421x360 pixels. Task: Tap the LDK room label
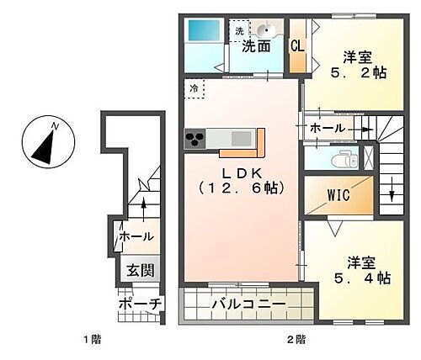238,181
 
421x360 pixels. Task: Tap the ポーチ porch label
134,302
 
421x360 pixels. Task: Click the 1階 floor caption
92,339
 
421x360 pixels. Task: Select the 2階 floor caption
295,339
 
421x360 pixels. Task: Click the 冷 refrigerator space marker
195,87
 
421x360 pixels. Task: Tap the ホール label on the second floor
326,128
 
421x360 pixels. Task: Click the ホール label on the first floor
136,237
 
